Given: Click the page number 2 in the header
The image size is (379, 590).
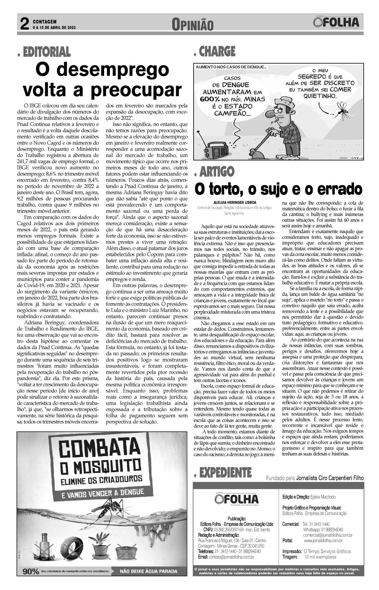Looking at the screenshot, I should coord(25,24).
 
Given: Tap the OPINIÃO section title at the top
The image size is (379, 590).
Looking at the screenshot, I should coord(193,25).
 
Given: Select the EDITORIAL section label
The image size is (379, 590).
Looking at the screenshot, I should coord(47,52).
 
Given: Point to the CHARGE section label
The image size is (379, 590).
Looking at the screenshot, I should coord(217,52).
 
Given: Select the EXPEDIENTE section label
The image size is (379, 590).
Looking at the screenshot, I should coord(226,473).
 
